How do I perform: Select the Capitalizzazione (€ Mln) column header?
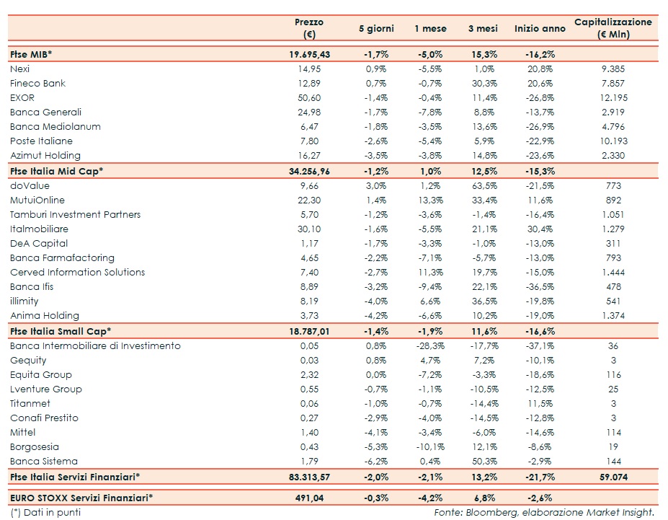click(613, 28)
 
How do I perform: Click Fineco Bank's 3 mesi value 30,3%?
click(481, 83)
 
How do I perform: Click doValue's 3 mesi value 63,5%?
click(481, 185)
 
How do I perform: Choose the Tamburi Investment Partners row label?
click(75, 214)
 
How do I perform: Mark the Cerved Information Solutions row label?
click(77, 272)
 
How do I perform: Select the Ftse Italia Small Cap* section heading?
click(61, 331)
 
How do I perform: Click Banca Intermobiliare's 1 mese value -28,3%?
click(430, 345)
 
